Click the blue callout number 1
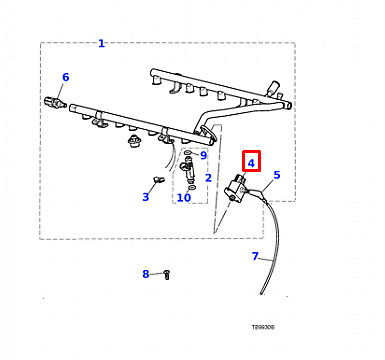pos(101,43)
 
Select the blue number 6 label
pos(66,77)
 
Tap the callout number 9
pos(203,155)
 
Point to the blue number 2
pos(208,178)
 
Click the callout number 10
pos(184,198)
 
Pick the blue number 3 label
pos(145,197)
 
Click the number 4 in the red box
pos(251,163)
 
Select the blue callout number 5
pos(277,175)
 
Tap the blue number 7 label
pos(255,256)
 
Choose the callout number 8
pos(146,274)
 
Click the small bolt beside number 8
pos(167,275)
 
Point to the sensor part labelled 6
pos(53,102)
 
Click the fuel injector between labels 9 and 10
pos(187,170)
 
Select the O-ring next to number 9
pos(188,153)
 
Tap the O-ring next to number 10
pos(192,188)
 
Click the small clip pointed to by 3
pos(158,180)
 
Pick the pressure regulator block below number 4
pos(236,189)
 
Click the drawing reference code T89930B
pos(263,327)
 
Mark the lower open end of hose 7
pos(262,293)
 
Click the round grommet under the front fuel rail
pos(134,141)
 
